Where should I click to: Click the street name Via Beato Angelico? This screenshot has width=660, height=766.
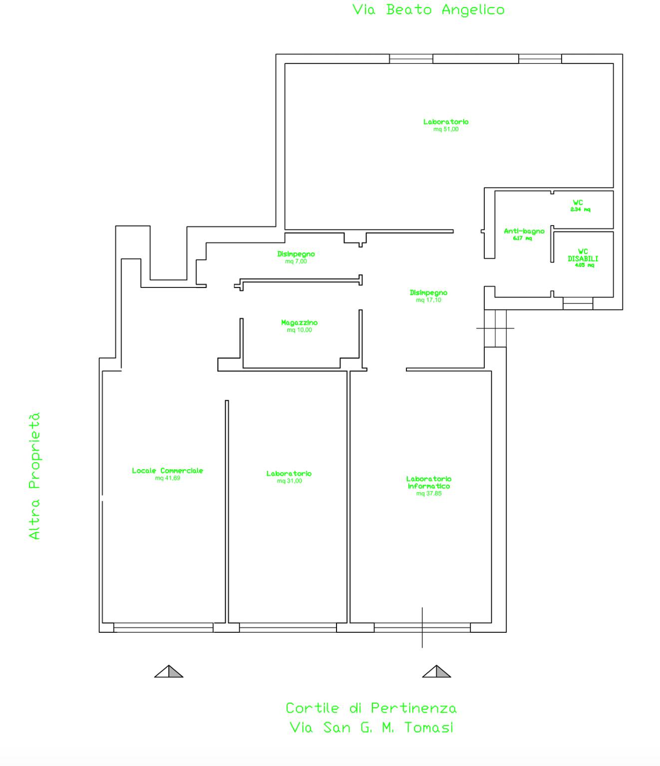[428, 10]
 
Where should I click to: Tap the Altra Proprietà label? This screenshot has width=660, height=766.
[34, 476]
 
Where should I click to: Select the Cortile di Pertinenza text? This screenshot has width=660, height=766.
[371, 708]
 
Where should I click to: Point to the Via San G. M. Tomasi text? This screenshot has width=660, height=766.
[371, 728]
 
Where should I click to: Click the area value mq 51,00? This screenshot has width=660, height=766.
[446, 129]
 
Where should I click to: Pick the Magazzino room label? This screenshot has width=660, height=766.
[299, 322]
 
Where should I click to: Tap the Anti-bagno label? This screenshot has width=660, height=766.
[524, 231]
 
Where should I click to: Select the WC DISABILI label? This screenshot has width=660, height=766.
[583, 255]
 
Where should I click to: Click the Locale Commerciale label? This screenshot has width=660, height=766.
[168, 471]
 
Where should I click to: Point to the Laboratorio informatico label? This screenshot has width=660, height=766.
[429, 483]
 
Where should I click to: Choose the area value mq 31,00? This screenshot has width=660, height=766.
[289, 481]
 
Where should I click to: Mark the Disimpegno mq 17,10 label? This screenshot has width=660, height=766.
[429, 296]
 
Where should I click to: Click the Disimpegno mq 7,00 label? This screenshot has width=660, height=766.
[296, 257]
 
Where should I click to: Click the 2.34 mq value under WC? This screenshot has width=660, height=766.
[580, 210]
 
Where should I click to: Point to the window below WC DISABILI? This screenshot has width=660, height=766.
[578, 303]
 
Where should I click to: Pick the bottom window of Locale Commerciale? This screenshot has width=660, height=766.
[163, 627]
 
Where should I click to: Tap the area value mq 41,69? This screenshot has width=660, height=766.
[168, 478]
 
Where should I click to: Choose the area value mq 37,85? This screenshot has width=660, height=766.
[429, 494]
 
